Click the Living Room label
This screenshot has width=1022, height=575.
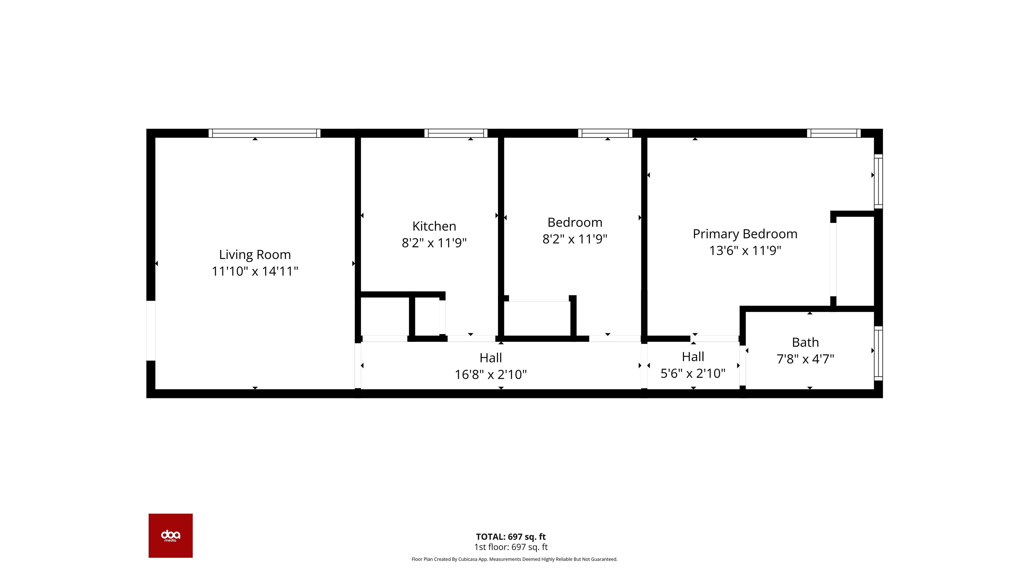255,254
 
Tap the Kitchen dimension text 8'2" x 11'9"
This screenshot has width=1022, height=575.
434,243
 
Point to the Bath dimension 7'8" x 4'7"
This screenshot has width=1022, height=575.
805,359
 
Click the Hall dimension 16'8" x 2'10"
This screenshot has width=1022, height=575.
491,374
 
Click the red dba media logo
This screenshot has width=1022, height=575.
171,536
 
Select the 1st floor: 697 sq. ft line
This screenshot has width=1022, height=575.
511,547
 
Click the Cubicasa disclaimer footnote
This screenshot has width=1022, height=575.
514,559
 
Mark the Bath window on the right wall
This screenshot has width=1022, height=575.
878,353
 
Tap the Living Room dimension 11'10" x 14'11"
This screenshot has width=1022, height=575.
255,271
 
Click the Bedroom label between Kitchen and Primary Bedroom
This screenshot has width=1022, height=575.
575,222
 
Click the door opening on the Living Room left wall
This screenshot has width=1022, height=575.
151,331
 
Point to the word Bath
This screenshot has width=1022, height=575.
805,342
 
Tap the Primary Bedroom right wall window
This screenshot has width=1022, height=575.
878,181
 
